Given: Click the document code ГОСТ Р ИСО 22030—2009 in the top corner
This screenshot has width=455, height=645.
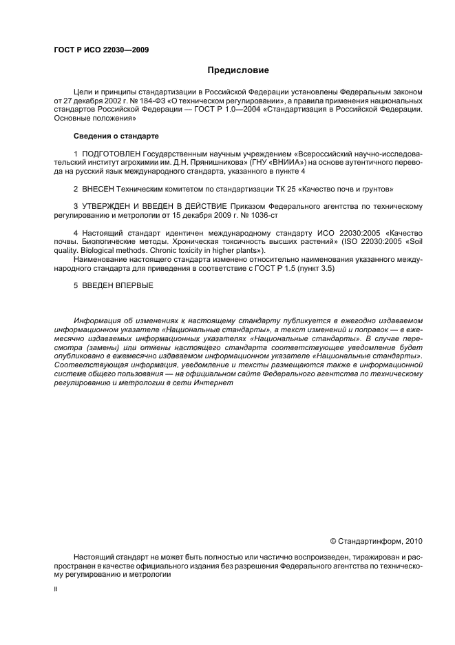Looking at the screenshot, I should (101, 50).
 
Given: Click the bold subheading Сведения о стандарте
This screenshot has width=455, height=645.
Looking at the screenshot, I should (116, 135).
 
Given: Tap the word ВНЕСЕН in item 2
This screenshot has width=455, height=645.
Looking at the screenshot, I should (102, 187).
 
